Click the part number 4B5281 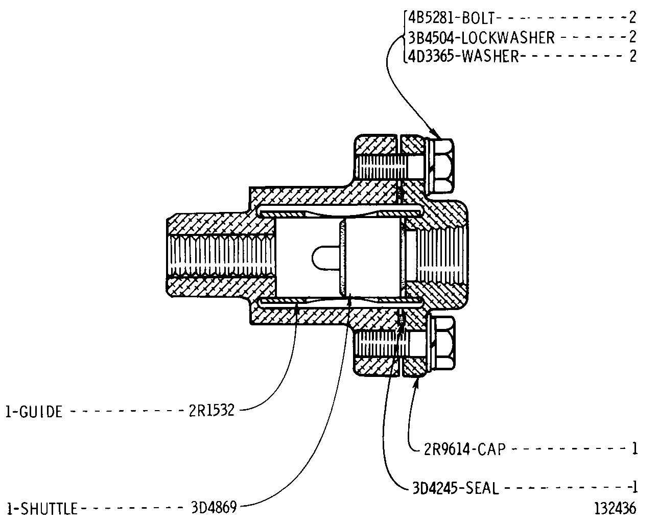point(432,18)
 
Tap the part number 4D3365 point(432,56)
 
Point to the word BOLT point(479,18)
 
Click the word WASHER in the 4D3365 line point(490,56)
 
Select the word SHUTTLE point(49,509)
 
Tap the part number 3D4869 point(214,508)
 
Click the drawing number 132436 point(615,509)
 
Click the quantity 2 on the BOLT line point(633,18)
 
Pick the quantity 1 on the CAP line point(635,449)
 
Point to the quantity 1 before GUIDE point(9,412)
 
